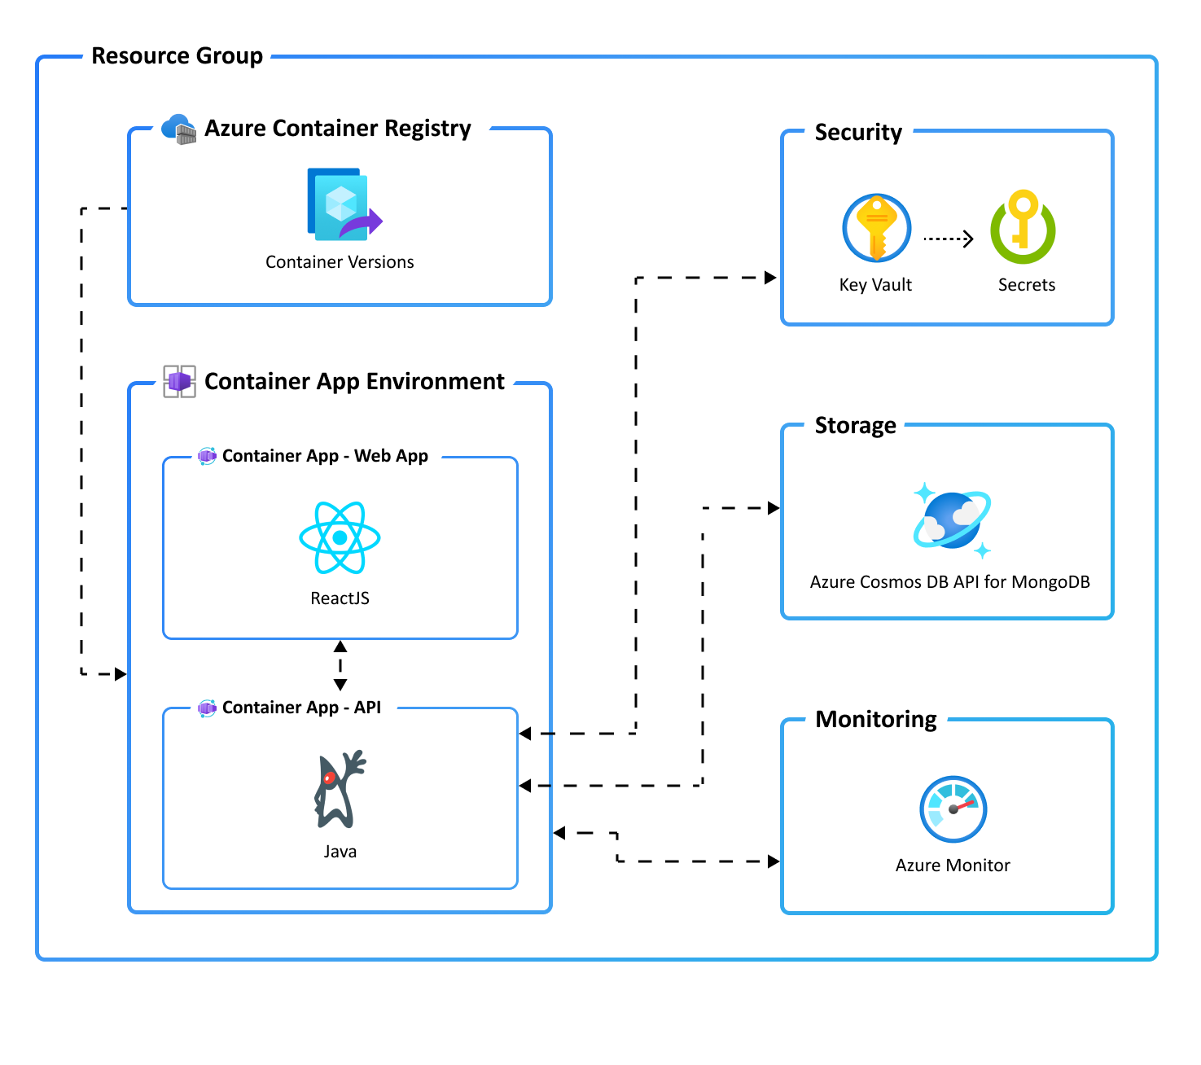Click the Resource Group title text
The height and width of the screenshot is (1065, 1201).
click(x=177, y=56)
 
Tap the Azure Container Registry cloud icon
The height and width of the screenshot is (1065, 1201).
click(x=178, y=129)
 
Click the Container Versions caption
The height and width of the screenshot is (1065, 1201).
click(x=340, y=262)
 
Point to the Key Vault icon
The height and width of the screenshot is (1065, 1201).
click(x=876, y=228)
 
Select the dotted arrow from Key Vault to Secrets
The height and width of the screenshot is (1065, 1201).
click(x=949, y=239)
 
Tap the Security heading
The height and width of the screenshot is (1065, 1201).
click(x=858, y=133)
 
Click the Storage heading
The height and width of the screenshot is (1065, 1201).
click(x=855, y=426)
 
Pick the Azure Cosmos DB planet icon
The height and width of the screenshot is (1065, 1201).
click(x=952, y=519)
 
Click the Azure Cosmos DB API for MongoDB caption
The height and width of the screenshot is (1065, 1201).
click(x=949, y=582)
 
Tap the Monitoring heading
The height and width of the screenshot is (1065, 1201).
click(x=876, y=720)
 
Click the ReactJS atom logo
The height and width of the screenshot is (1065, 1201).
click(x=340, y=537)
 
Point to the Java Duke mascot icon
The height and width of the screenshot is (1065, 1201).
click(x=339, y=789)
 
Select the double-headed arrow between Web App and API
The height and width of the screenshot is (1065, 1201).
click(x=340, y=665)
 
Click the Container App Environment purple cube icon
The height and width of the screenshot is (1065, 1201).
click(x=179, y=381)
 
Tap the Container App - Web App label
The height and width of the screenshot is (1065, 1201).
click(x=325, y=456)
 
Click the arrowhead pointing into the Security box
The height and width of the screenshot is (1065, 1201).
click(x=770, y=278)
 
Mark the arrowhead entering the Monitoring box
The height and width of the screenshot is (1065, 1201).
click(x=774, y=861)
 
